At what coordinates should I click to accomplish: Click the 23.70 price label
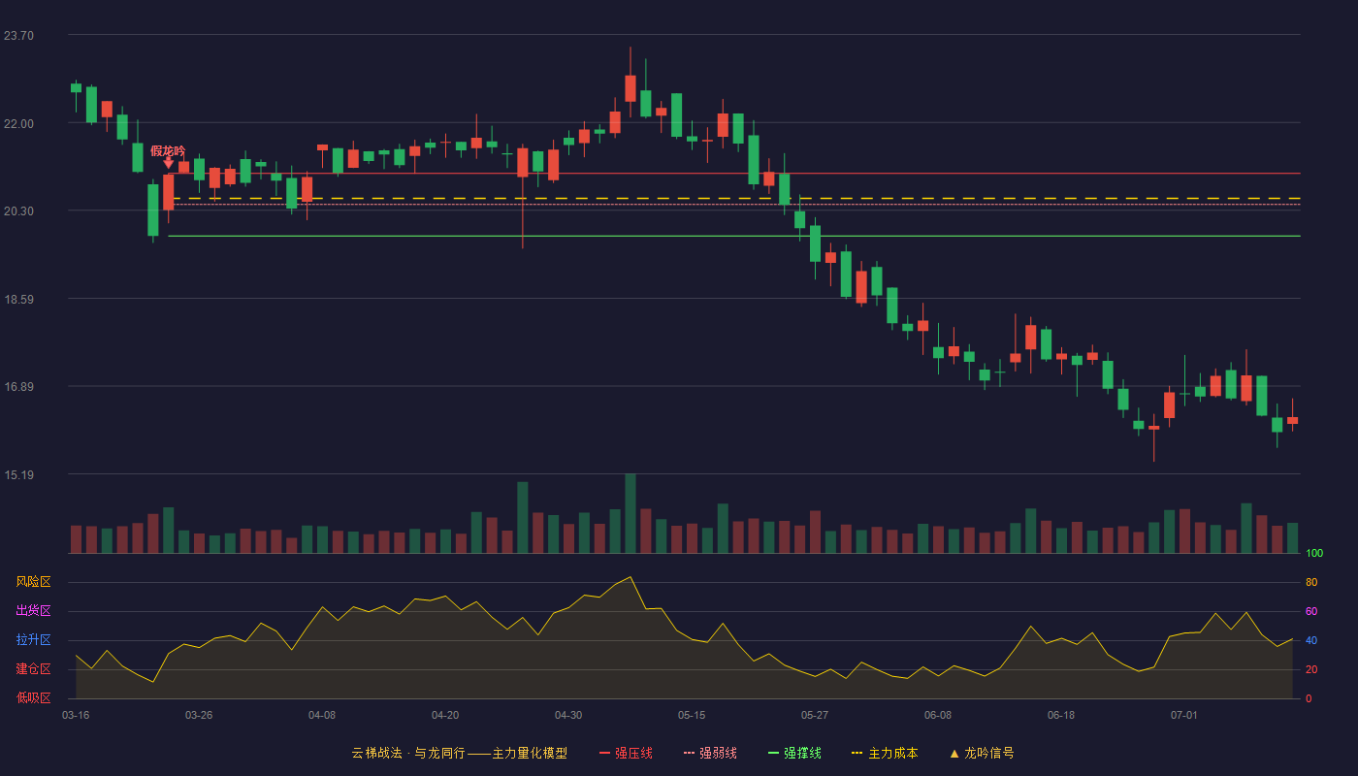(x=18, y=36)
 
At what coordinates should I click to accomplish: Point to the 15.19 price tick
(x=18, y=474)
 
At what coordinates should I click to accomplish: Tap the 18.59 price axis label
(x=18, y=300)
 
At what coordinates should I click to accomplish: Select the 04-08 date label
(x=322, y=716)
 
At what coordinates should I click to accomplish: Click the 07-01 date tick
(x=1184, y=716)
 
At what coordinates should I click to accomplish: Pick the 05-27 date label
(x=814, y=716)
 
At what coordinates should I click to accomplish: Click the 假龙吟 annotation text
(x=168, y=150)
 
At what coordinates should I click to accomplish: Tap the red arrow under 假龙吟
(x=169, y=163)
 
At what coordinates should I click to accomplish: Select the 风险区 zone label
(x=33, y=582)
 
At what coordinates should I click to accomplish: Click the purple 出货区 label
(x=33, y=610)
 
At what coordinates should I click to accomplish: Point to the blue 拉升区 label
(x=33, y=639)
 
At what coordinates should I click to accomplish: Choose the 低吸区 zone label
(x=33, y=697)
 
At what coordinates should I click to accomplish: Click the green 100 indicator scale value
(x=1314, y=553)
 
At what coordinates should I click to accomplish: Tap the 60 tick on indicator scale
(x=1311, y=611)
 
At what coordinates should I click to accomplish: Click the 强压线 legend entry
(x=626, y=753)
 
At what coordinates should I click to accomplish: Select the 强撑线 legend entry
(x=794, y=753)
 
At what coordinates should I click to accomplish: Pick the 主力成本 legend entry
(x=885, y=753)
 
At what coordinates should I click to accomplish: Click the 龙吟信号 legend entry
(x=982, y=753)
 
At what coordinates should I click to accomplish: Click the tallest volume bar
(x=630, y=513)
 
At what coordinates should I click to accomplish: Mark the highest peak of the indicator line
(x=630, y=576)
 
